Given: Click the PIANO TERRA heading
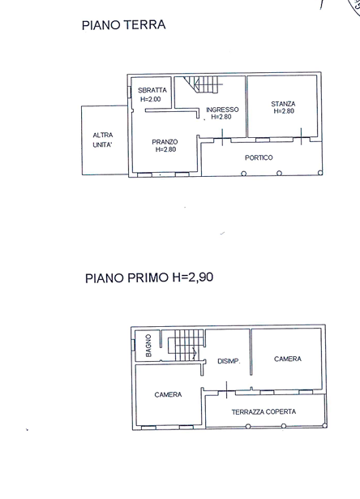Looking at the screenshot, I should point(124,25).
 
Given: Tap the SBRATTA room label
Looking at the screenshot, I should point(152,90).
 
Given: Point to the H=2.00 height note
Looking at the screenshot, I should point(151,99).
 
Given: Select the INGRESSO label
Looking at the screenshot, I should point(221,110).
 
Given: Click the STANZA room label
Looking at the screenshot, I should point(284,104).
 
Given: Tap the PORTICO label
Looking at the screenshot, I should point(259,157).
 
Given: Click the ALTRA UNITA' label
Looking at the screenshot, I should point(103,140).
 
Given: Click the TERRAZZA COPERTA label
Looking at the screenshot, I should point(264,411).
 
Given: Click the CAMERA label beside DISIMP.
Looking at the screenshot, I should point(288,359).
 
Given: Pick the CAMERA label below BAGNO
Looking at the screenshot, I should point(168,394).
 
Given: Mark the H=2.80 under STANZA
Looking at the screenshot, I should point(284,112).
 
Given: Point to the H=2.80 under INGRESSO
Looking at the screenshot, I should point(221,118).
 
